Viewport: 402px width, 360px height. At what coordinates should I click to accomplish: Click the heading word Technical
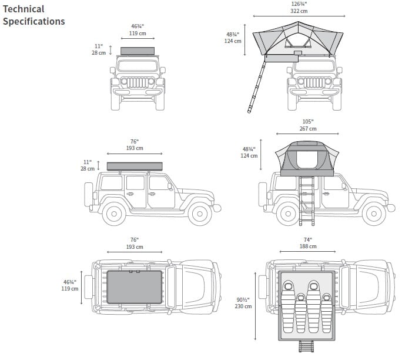pyautogui.click(x=24, y=9)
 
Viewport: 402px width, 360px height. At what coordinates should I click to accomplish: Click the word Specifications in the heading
pyautogui.click(x=34, y=22)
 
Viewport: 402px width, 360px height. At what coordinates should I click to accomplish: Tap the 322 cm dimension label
pyautogui.click(x=299, y=11)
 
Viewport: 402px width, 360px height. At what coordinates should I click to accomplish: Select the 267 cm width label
pyautogui.click(x=308, y=129)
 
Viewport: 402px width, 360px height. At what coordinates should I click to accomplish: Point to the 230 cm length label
pyautogui.click(x=243, y=306)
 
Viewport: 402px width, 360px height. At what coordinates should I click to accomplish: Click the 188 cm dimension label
pyautogui.click(x=308, y=246)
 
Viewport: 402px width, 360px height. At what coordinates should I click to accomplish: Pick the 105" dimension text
pyautogui.click(x=308, y=121)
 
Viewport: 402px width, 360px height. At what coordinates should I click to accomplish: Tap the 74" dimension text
pyautogui.click(x=308, y=239)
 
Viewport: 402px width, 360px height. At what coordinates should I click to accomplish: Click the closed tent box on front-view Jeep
pyautogui.click(x=138, y=51)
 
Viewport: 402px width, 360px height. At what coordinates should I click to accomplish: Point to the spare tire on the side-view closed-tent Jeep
pyautogui.click(x=89, y=194)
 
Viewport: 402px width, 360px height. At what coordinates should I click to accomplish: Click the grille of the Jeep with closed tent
pyautogui.click(x=138, y=81)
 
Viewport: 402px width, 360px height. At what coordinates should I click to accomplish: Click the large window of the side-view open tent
pyautogui.click(x=307, y=159)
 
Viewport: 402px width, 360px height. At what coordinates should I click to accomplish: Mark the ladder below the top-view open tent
pyautogui.click(x=307, y=347)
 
